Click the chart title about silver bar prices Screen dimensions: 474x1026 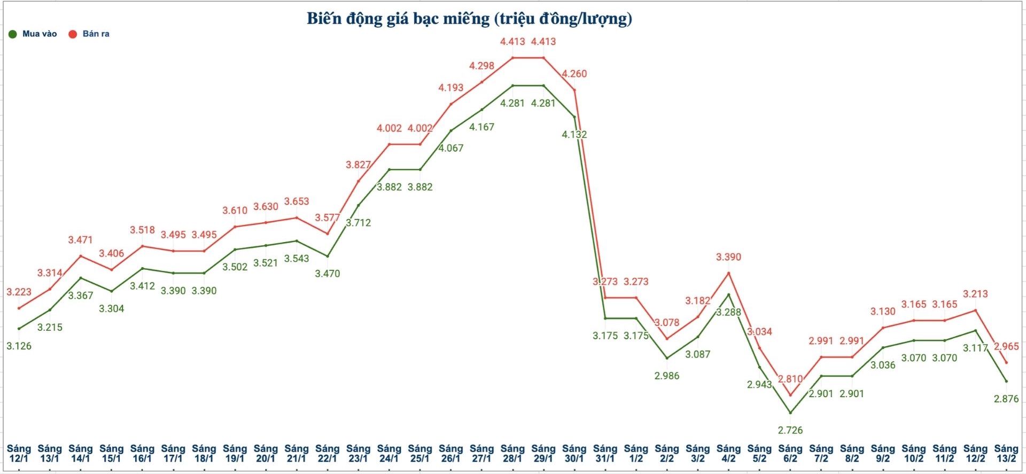[469, 19]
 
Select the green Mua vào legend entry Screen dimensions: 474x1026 [33, 34]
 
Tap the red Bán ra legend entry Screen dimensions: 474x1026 [89, 34]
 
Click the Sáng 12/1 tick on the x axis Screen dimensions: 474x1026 [19, 453]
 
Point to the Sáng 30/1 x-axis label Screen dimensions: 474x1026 [574, 453]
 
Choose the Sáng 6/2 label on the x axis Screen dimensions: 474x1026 [790, 453]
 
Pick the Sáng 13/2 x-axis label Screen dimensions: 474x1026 [1006, 453]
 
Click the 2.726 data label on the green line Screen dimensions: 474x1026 [790, 430]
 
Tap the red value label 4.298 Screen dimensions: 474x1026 [481, 66]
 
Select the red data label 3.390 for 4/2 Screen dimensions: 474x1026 [728, 257]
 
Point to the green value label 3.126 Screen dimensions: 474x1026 [19, 346]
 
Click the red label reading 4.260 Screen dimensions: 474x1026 [574, 74]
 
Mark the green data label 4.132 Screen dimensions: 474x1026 [574, 135]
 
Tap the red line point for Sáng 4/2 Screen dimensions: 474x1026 [728, 273]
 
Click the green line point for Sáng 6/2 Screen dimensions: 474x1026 [790, 413]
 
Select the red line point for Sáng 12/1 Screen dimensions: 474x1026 [19, 308]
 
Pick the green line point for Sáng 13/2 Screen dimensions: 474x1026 [1006, 381]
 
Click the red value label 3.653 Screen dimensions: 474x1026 [297, 201]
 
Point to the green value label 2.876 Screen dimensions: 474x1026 [1006, 399]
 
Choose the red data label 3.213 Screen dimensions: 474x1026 [975, 294]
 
